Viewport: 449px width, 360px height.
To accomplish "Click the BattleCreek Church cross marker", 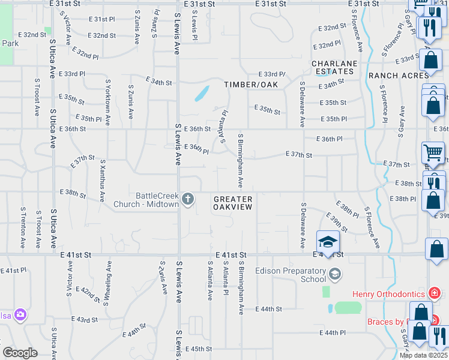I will pyautogui.click(x=188, y=199).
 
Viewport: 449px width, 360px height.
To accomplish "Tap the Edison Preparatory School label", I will pyautogui.click(x=291, y=275).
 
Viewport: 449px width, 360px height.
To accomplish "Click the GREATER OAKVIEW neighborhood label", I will pyautogui.click(x=232, y=202).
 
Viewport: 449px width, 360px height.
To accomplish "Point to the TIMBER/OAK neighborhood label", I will pyautogui.click(x=252, y=85).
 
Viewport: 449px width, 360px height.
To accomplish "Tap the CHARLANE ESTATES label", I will pyautogui.click(x=334, y=67).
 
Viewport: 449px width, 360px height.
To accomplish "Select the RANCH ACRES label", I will pyautogui.click(x=399, y=76).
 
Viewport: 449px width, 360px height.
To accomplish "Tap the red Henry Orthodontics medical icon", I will pyautogui.click(x=435, y=293).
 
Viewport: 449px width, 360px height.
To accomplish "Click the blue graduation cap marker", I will pyautogui.click(x=328, y=242).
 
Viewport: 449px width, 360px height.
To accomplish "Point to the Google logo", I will pyautogui.click(x=19, y=353).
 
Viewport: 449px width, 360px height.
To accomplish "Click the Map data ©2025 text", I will pyautogui.click(x=423, y=355).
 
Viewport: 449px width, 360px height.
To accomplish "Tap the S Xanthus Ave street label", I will pyautogui.click(x=103, y=178).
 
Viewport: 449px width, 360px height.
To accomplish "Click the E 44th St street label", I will pyautogui.click(x=268, y=308).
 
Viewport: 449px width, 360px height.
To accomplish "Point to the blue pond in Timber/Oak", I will pyautogui.click(x=202, y=94).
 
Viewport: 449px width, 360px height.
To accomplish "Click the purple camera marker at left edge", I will pyautogui.click(x=21, y=314).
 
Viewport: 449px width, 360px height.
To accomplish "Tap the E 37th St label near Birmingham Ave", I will pyautogui.click(x=300, y=155).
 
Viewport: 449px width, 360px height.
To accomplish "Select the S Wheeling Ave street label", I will pyautogui.click(x=109, y=278).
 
